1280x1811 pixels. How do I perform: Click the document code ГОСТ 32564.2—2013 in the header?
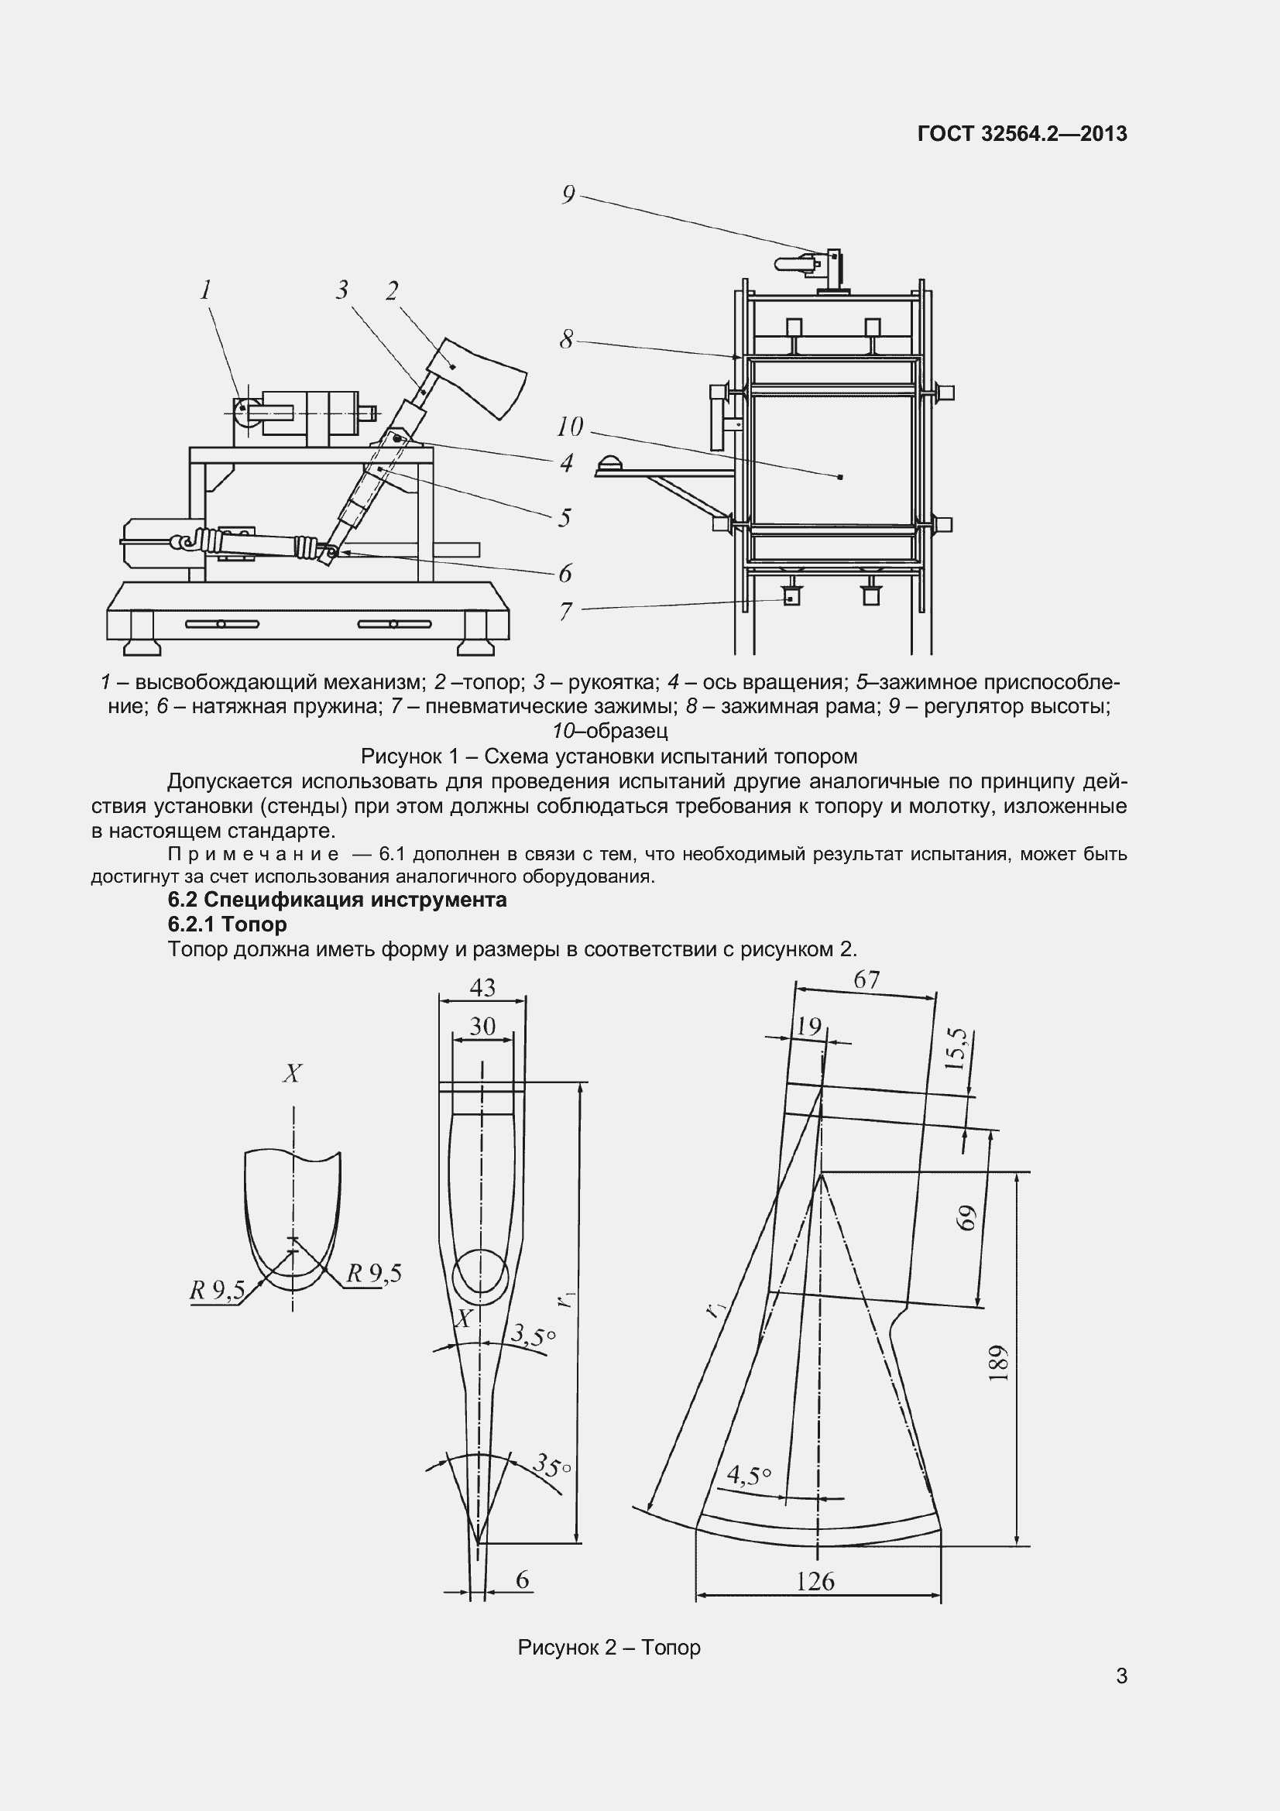click(1022, 134)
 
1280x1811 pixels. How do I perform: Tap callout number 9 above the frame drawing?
click(568, 195)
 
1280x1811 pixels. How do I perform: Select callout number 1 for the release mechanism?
click(206, 290)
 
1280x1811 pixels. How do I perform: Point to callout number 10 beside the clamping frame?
click(569, 427)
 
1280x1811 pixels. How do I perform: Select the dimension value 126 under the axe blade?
click(815, 1581)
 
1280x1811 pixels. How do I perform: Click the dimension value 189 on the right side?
click(998, 1363)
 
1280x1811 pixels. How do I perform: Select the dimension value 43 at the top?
click(482, 987)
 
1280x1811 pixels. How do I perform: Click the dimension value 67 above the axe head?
click(866, 979)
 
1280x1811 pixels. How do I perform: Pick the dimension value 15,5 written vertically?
click(955, 1048)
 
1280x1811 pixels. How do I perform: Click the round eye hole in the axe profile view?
click(480, 1271)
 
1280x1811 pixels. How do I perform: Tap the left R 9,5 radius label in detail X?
click(217, 1291)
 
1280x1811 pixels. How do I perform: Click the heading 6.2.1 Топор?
click(227, 924)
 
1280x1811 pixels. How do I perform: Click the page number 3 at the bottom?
click(1121, 1698)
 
